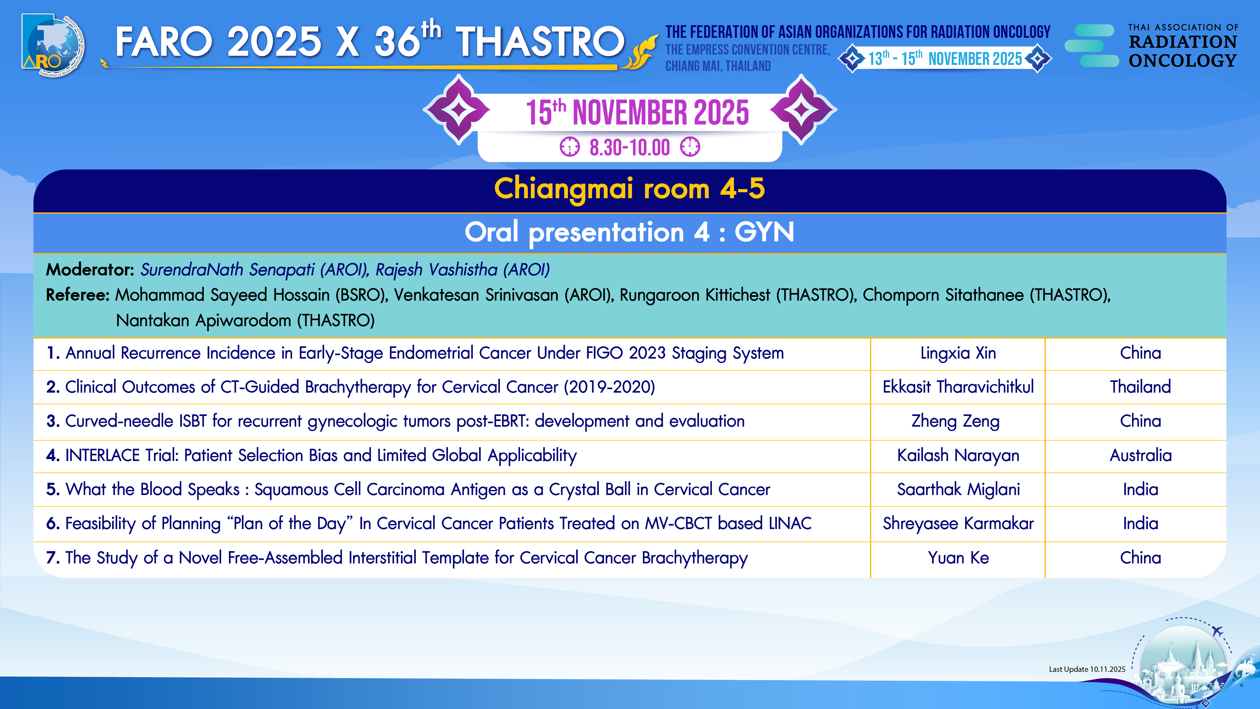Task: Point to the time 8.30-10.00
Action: (x=629, y=147)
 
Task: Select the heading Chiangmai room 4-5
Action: (x=629, y=189)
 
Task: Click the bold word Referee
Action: (x=77, y=295)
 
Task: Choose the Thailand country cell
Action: (x=1140, y=387)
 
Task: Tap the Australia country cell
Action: (x=1140, y=456)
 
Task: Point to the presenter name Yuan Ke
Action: (x=958, y=558)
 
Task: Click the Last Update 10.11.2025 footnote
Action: (x=1087, y=669)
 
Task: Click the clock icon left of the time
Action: (x=569, y=147)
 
